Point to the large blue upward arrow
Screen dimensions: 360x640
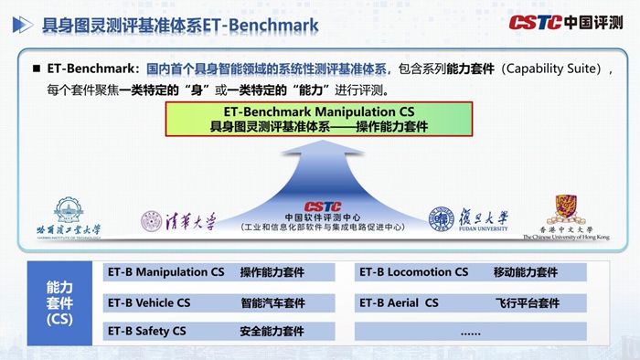coord(319,174)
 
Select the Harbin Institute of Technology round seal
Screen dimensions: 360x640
coord(69,212)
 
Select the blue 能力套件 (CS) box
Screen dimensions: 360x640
coord(59,302)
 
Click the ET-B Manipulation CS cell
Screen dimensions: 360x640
coord(165,272)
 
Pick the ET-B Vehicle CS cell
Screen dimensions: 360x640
coord(149,302)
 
